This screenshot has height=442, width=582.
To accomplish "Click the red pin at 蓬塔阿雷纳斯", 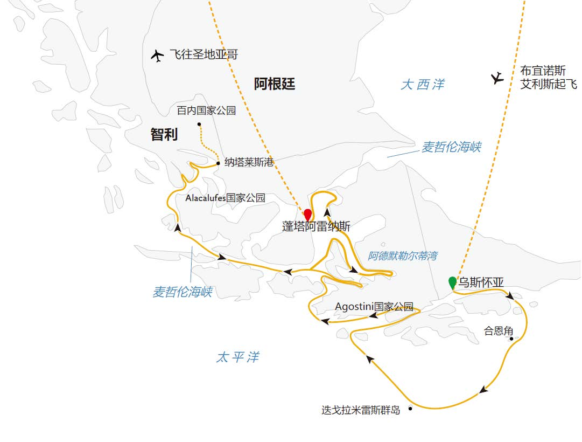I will [307, 213].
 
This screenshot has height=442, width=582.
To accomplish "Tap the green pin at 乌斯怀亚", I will [453, 281].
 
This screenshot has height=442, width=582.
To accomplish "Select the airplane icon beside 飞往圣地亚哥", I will [158, 56].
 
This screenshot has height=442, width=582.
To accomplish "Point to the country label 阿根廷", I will [275, 84].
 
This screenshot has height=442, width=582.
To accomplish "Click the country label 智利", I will [164, 134].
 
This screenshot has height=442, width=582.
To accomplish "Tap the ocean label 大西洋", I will [423, 85].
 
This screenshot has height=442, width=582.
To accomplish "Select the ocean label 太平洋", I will [237, 357].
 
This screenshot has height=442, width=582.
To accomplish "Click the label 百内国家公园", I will [207, 111].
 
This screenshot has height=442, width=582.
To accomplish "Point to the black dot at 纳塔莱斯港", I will [218, 163].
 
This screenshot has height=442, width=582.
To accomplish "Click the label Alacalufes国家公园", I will [225, 198].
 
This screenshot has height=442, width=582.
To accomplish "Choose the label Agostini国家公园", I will [374, 307].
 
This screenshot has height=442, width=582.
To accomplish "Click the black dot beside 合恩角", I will [511, 339].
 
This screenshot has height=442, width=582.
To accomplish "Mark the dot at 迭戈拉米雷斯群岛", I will [410, 409].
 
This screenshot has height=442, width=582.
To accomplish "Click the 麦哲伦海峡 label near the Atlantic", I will [451, 147].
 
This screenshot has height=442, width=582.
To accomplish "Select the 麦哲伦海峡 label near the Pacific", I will [182, 292].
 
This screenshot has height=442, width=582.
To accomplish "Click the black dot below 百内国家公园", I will [199, 124].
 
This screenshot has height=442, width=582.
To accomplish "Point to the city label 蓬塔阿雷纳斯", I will [316, 227].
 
